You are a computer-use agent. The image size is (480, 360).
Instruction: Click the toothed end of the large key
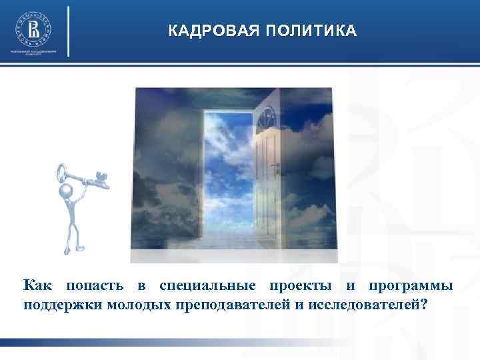pyautogui.click(x=101, y=179)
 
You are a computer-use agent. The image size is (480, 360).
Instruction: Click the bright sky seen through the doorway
pyautogui.click(x=227, y=167)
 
